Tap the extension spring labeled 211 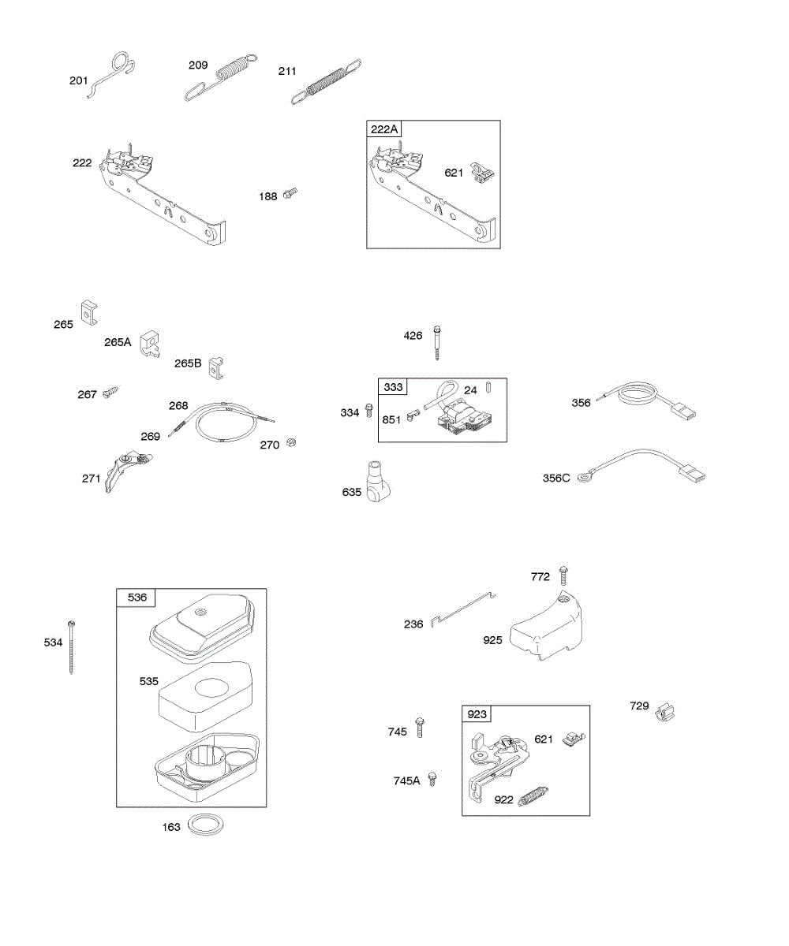tap(327, 82)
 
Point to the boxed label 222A tap(384, 128)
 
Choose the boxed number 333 tap(393, 387)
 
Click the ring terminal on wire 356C tap(585, 475)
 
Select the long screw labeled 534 tap(73, 646)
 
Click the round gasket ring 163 tap(206, 825)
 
